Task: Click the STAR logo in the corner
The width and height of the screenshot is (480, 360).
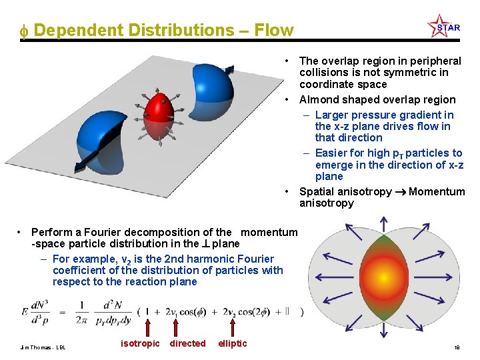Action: coord(444,27)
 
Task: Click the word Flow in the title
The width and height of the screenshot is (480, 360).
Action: coord(274,31)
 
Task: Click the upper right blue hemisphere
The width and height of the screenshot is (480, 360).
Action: coord(213,94)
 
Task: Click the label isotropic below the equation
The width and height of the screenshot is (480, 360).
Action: coord(140,343)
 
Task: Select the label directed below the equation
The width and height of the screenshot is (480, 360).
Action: coord(188,343)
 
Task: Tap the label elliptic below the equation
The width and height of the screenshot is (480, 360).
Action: coord(233,343)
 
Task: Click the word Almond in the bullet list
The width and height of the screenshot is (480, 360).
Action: coord(319,100)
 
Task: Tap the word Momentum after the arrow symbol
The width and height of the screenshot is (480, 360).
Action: coord(437,192)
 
